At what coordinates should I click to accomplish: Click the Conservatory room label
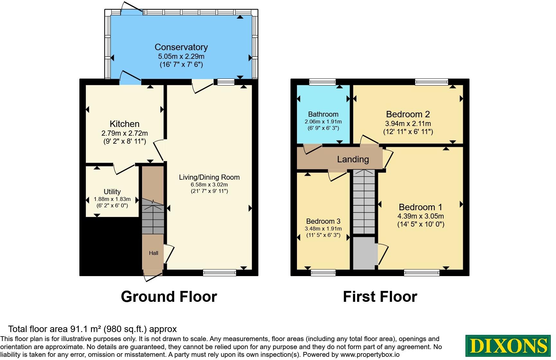tap(181, 47)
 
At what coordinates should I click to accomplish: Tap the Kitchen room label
tap(125, 124)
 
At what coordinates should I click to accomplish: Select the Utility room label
tap(112, 192)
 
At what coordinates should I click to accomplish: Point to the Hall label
tap(154, 253)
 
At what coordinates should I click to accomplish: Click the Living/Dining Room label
tap(209, 177)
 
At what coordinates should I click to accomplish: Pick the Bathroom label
tap(323, 114)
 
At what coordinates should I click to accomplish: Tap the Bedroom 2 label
tap(408, 114)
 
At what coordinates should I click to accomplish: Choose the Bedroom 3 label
tap(323, 221)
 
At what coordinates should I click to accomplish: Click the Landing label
tap(353, 159)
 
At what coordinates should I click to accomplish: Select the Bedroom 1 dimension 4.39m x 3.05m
tap(421, 216)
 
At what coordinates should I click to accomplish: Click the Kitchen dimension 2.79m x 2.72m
tap(125, 133)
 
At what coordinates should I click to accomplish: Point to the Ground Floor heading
tap(169, 296)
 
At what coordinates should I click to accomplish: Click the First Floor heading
tap(380, 296)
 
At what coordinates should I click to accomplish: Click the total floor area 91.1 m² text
tap(93, 329)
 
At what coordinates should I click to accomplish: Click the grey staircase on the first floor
tap(364, 202)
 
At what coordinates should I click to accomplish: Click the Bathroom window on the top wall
tap(322, 82)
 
